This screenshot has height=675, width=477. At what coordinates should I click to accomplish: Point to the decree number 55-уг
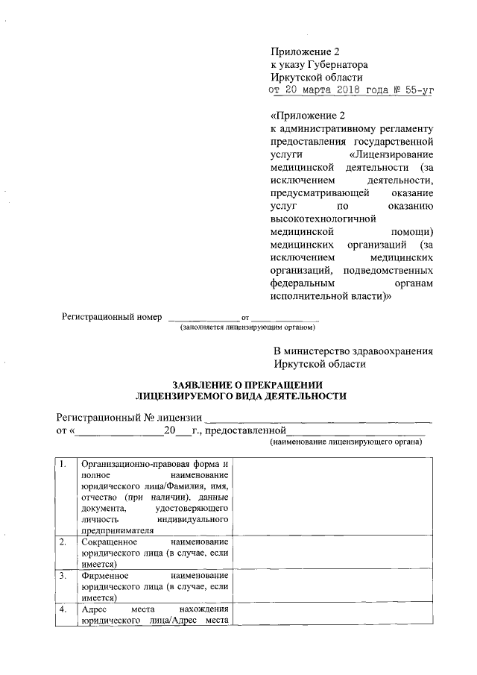tap(414, 91)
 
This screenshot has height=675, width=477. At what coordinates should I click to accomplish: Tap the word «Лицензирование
tap(391, 154)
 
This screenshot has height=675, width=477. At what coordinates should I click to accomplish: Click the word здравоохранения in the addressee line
tap(388, 351)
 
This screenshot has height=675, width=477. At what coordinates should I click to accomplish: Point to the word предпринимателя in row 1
tap(117, 530)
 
